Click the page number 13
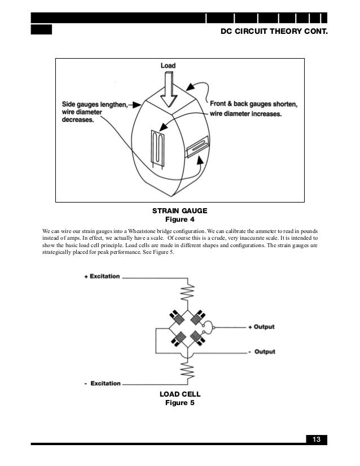[316, 440]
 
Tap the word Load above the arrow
[168, 65]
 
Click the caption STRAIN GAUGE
[179, 210]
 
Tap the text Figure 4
[179, 219]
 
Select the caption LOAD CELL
[180, 394]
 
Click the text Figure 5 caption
[180, 403]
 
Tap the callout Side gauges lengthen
[95, 104]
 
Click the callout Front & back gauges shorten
[253, 104]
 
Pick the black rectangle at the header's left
[41, 29]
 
